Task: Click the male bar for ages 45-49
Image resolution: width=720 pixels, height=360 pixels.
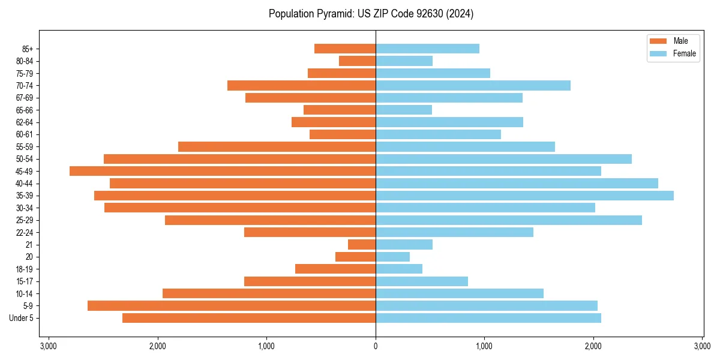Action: (223, 171)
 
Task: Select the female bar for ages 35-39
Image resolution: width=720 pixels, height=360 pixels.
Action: (524, 196)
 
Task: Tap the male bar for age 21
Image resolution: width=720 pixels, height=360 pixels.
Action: (362, 245)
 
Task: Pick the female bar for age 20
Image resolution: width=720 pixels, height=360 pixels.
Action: (392, 257)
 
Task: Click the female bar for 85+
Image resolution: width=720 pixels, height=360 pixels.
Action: (427, 49)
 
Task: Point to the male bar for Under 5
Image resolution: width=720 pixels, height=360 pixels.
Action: (249, 318)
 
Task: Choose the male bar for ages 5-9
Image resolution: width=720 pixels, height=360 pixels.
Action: (232, 306)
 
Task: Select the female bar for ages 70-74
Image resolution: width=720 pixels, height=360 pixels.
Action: (473, 86)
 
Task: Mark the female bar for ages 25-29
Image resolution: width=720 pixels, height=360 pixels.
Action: (509, 220)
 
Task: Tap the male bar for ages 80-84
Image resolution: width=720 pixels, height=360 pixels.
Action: (357, 61)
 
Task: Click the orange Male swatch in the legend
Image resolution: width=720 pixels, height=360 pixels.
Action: (658, 41)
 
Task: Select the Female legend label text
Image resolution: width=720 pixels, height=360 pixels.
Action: (685, 53)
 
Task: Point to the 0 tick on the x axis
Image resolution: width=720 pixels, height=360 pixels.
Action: (376, 346)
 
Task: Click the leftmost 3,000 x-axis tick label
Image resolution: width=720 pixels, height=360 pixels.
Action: (49, 346)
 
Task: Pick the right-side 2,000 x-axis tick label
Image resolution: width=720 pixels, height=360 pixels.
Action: (593, 346)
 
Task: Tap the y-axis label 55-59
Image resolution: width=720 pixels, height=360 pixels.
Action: (24, 147)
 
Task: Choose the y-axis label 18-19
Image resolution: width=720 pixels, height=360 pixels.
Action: (24, 269)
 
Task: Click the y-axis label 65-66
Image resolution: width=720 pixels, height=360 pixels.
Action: (24, 110)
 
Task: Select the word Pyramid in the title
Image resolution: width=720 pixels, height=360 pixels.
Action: (332, 14)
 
